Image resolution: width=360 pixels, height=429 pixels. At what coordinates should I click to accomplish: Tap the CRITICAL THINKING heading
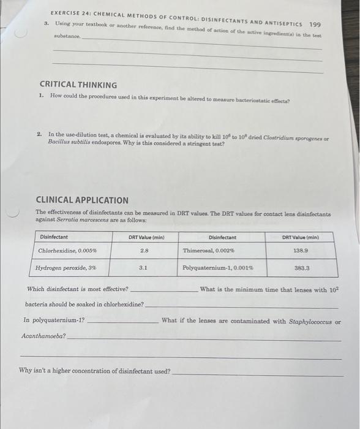78,85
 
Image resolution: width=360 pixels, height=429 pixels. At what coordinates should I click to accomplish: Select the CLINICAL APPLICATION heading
82,200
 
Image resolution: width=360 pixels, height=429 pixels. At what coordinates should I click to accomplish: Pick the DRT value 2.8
144,251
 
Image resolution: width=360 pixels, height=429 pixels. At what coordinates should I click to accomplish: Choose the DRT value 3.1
143,268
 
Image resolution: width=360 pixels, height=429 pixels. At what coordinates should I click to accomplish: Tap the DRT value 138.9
301,251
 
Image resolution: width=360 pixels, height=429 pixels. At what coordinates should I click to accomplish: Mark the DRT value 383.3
301,268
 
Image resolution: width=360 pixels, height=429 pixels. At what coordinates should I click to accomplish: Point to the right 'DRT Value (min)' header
301,237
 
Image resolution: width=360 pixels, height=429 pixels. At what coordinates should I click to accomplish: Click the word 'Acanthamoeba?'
43,336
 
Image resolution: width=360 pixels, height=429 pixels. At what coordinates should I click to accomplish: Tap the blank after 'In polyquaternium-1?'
122,321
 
